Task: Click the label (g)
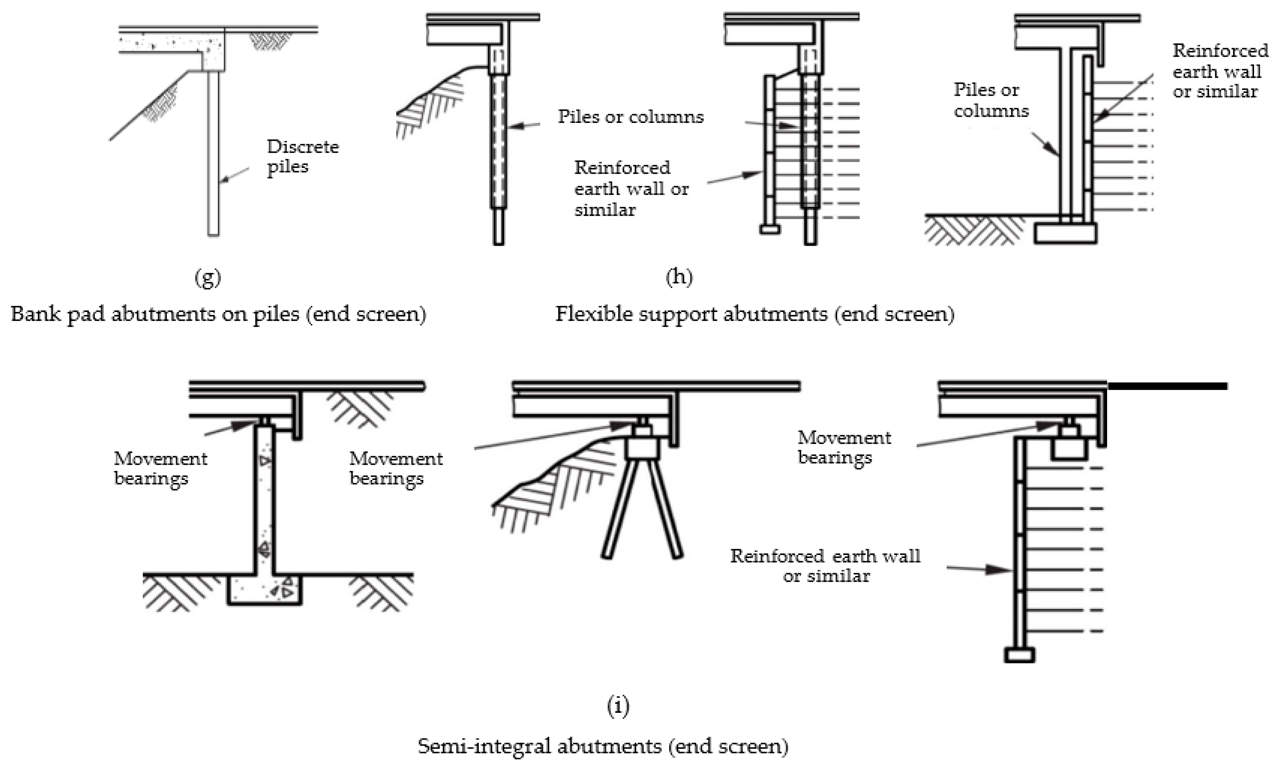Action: [x=208, y=278]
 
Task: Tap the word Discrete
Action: [x=303, y=147]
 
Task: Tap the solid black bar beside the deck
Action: [x=1167, y=386]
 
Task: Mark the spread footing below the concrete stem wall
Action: [x=264, y=590]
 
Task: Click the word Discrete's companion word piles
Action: [x=287, y=167]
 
